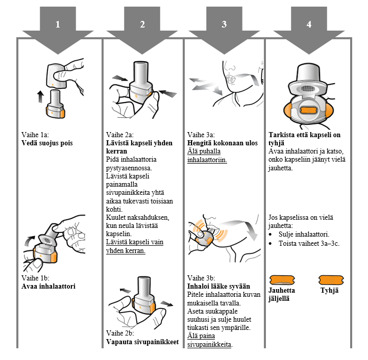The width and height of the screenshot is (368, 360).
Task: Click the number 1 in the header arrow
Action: (x=58, y=24)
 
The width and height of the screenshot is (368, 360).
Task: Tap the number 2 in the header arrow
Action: (x=142, y=24)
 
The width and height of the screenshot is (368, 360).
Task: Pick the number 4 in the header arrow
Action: (x=308, y=24)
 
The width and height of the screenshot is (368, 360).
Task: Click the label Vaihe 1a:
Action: (x=35, y=135)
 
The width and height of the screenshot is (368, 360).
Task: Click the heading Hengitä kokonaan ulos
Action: (x=223, y=143)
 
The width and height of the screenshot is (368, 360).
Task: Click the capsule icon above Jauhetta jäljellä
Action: (x=282, y=279)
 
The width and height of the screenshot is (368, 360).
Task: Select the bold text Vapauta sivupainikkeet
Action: (x=142, y=342)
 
